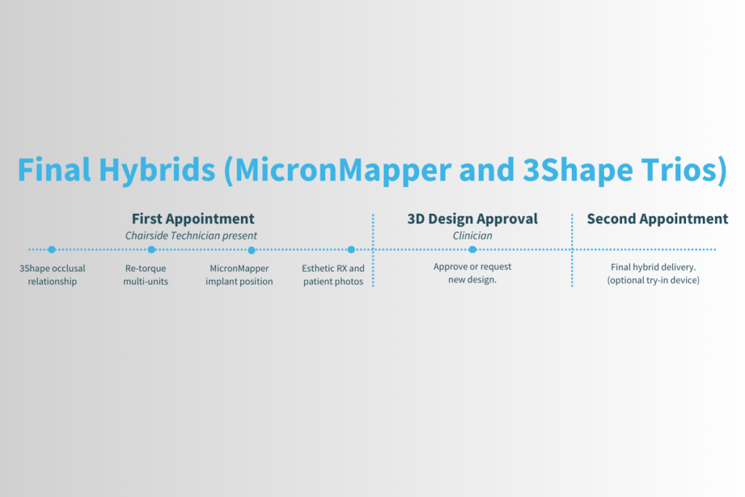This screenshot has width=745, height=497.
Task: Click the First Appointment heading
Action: (193, 219)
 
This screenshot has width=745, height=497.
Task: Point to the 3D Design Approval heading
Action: (472, 219)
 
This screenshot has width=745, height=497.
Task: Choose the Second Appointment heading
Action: (657, 219)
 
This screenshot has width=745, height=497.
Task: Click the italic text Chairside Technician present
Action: (191, 236)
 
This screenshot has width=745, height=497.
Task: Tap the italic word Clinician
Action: (472, 236)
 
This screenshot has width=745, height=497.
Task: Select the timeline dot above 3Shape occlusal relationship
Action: (52, 250)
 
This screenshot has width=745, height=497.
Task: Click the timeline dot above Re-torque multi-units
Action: (151, 250)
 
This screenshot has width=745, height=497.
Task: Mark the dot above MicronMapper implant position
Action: (251, 250)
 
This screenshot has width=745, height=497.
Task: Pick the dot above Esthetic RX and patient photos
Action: (351, 250)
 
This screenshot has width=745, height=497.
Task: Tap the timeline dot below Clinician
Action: (472, 250)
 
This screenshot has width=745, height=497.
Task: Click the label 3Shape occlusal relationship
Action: (52, 275)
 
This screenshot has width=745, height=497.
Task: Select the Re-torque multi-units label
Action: (146, 275)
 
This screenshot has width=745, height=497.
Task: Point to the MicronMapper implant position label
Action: (239, 275)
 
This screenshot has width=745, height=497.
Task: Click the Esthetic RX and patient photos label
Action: (333, 275)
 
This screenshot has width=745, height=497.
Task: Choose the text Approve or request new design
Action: (472, 274)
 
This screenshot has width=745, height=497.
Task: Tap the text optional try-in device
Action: (653, 281)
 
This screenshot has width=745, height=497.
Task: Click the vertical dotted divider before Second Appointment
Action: (572, 250)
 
